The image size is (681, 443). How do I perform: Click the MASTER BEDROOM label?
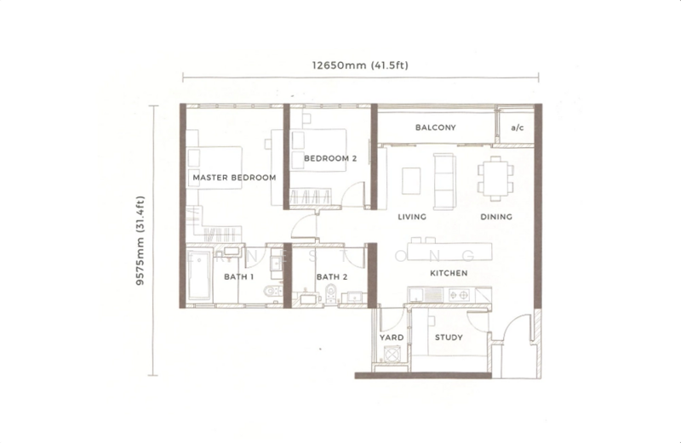tap(234, 178)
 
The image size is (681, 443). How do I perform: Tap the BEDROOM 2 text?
tap(324, 158)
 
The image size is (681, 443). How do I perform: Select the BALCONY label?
tap(436, 128)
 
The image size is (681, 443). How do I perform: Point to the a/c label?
tap(517, 128)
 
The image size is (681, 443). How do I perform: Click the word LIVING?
tap(411, 217)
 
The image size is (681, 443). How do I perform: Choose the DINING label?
tap(495, 217)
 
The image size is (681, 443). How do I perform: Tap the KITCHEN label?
tap(449, 273)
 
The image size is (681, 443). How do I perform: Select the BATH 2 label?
tap(330, 277)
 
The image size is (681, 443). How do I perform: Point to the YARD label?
tap(390, 338)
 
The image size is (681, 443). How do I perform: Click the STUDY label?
tap(449, 338)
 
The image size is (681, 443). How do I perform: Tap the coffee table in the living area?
tap(411, 179)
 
